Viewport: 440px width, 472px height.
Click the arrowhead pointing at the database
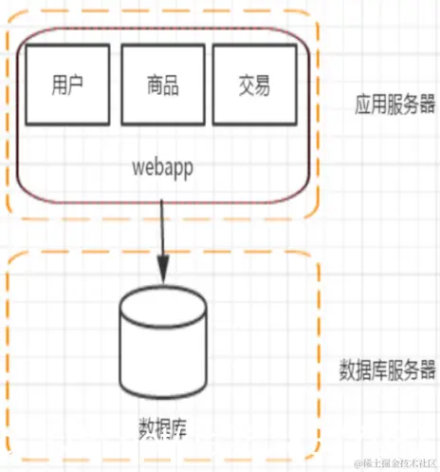point(164,274)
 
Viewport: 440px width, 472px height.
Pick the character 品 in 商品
point(171,85)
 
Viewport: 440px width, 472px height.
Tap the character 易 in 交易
point(264,85)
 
